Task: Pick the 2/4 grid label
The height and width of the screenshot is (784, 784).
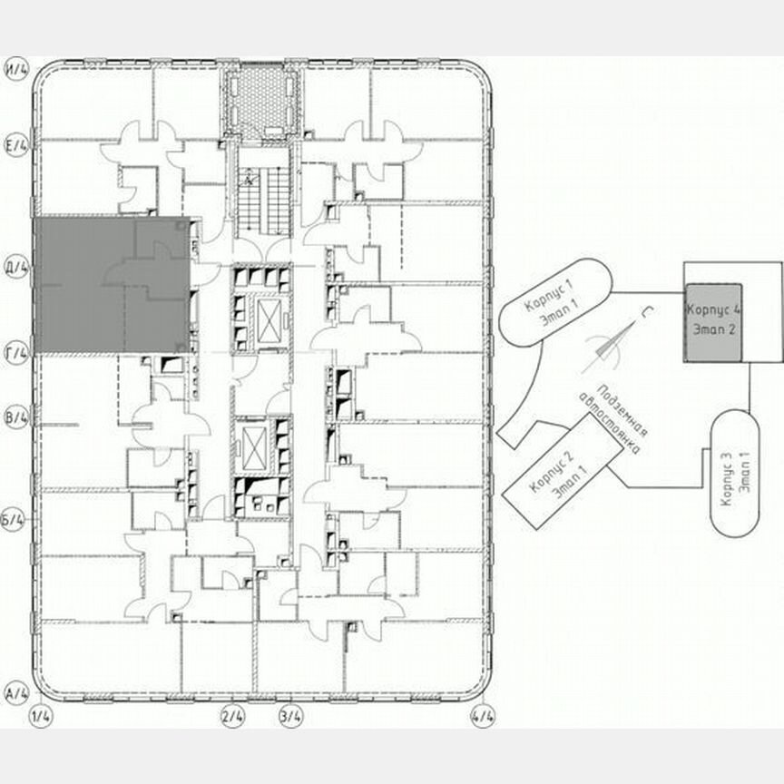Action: pos(233,717)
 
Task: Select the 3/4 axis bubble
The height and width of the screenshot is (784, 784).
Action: pos(291,717)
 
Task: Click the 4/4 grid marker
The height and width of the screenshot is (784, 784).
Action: pos(483,717)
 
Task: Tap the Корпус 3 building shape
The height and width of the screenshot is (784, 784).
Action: pos(733,473)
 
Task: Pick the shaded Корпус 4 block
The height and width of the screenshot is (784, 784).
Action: pos(714,323)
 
